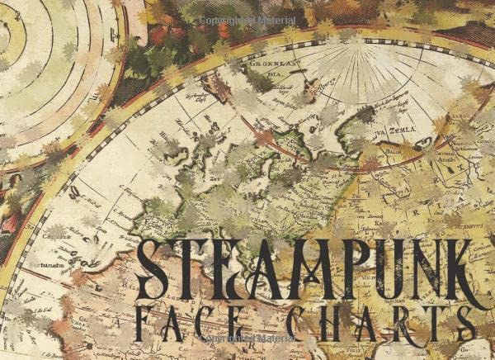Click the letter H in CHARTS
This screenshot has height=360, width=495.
click(315, 320)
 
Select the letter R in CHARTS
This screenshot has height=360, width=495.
click(393, 320)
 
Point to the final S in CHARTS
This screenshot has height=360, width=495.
click(471, 320)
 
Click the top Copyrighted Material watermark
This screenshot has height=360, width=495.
click(247, 19)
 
